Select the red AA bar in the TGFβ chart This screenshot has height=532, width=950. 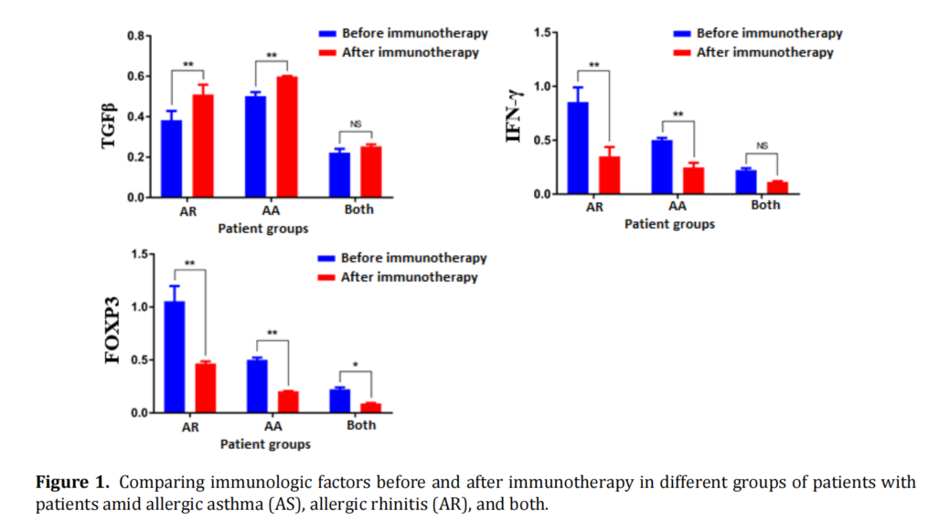(x=287, y=136)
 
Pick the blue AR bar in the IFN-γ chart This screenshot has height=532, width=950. (x=578, y=148)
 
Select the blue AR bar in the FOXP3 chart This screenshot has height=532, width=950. (x=175, y=356)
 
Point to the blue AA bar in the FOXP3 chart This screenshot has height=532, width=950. (x=257, y=386)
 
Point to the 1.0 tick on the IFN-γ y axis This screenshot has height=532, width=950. (x=544, y=87)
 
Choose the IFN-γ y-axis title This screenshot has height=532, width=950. (x=516, y=115)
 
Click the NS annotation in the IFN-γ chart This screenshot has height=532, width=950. (x=763, y=144)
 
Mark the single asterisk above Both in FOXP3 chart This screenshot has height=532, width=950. (x=356, y=365)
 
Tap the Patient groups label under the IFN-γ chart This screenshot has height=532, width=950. (x=669, y=224)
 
